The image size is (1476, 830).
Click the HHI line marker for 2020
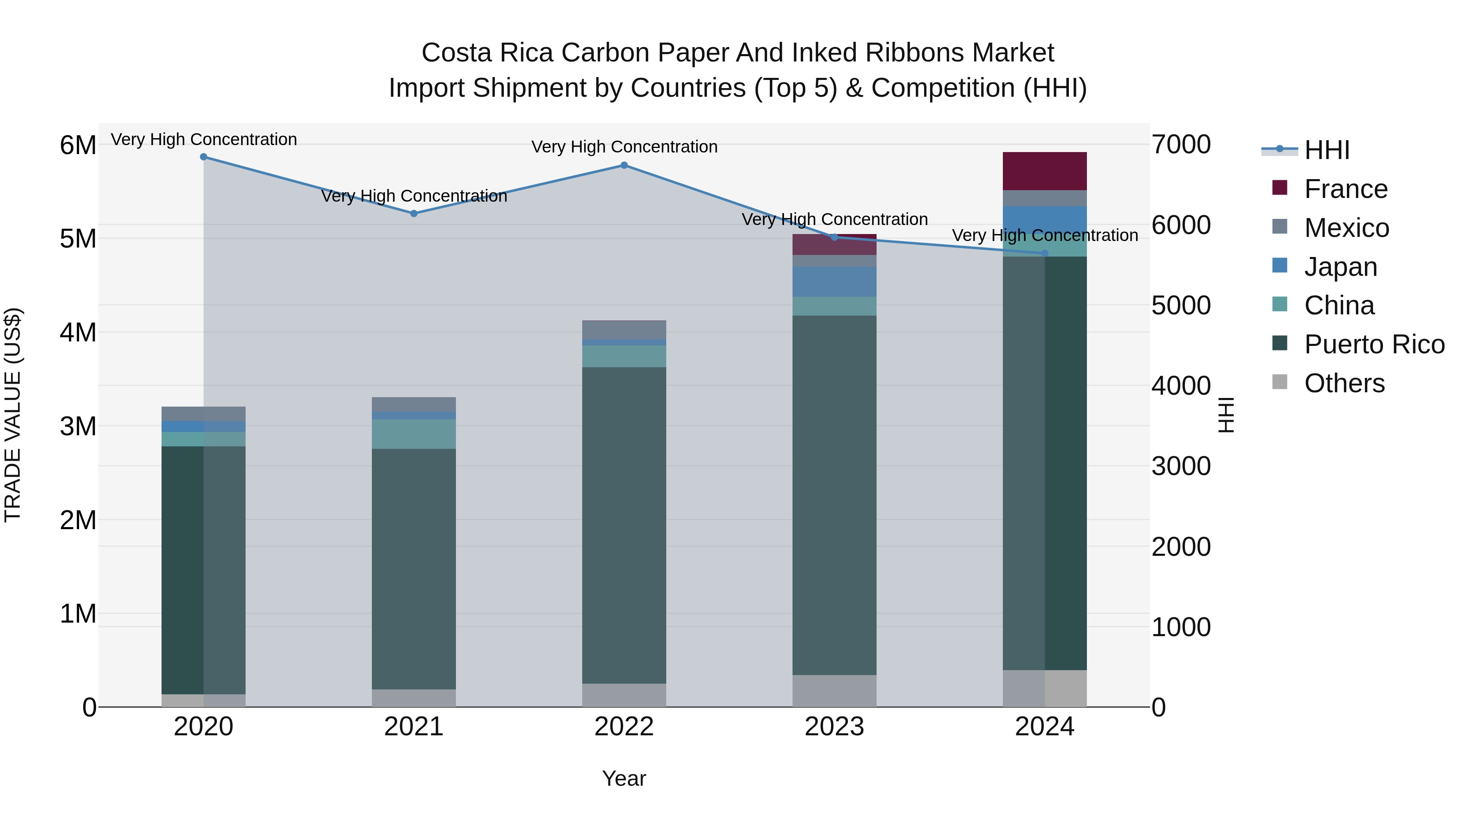[x=203, y=157]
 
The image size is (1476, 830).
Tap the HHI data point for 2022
[x=624, y=166]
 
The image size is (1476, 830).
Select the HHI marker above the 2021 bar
[x=414, y=214]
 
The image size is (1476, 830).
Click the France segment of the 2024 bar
[x=1045, y=171]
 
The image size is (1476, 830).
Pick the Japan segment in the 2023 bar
[x=834, y=282]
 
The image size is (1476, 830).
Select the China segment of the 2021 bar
[x=414, y=434]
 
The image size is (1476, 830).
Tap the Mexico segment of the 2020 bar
[x=203, y=414]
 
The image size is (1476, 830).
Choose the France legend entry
[x=1345, y=189]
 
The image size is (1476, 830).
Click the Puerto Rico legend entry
[x=1374, y=344]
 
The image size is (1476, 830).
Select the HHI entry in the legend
[x=1326, y=150]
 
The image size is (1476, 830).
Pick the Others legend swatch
[x=1280, y=382]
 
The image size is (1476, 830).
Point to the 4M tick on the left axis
[x=78, y=332]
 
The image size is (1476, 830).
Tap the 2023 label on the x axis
[x=834, y=727]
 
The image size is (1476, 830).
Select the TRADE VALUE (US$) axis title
[x=13, y=415]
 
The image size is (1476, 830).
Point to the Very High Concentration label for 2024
[x=1045, y=235]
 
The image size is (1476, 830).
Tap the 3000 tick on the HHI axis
[x=1182, y=466]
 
